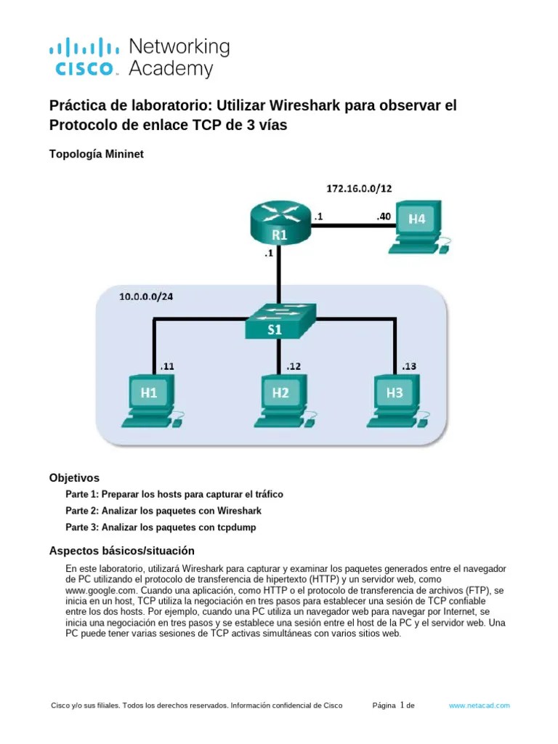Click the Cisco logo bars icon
(84, 49)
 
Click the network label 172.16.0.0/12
(359, 189)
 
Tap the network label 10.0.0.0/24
(147, 297)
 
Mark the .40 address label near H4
(384, 216)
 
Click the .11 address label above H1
(167, 367)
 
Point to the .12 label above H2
(294, 367)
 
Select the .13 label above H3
(408, 367)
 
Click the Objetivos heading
(73, 478)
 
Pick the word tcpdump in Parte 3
(237, 527)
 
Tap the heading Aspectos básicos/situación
(121, 551)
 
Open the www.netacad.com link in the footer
(480, 705)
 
